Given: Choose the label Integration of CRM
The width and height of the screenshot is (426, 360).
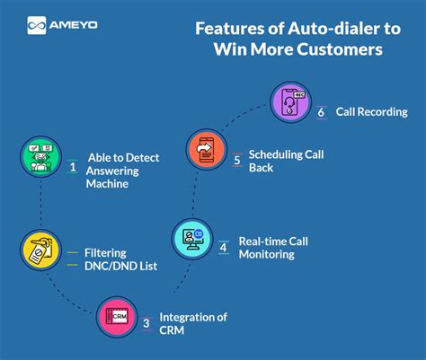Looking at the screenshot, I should pyautogui.click(x=192, y=323).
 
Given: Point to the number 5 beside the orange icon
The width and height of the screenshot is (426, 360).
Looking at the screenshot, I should pyautogui.click(x=237, y=159).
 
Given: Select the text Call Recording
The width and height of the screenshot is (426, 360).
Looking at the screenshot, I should pyautogui.click(x=371, y=112).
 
